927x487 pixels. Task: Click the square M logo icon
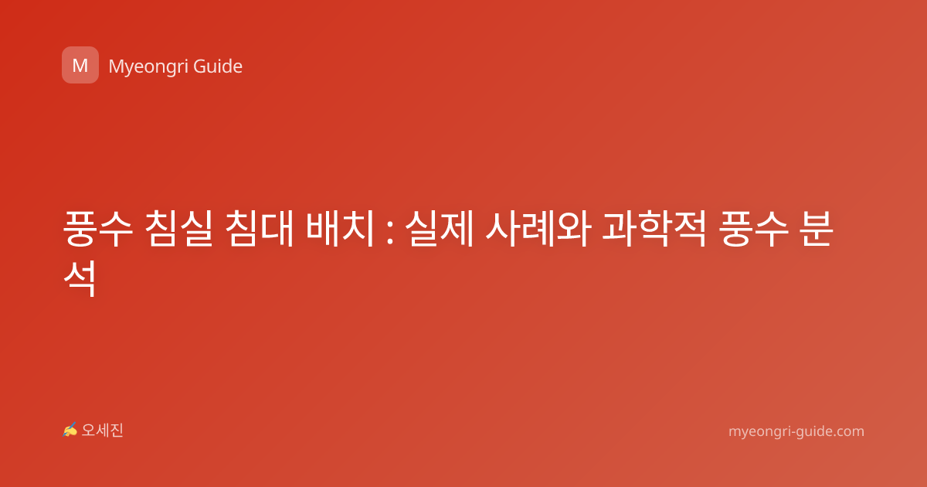80,65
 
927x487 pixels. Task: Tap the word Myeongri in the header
148,67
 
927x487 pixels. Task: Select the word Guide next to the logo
218,66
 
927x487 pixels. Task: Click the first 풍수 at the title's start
98,229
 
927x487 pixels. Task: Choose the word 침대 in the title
260,229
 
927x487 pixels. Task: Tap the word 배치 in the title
340,229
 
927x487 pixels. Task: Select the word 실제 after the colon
439,229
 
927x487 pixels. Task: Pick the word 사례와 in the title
538,229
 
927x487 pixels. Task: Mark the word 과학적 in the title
654,229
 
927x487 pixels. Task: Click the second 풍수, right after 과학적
754,229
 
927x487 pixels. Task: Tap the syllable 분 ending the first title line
816,229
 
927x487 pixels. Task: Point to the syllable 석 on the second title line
80,278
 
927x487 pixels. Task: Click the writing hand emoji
70,430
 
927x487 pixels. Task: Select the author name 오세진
102,431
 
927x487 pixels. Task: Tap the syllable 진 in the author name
117,431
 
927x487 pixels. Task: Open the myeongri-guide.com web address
796,432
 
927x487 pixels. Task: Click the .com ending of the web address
848,431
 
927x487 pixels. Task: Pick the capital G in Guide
199,66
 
